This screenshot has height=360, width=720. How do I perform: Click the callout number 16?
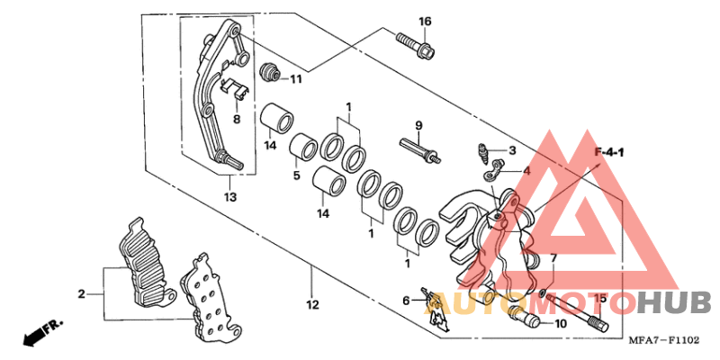click(x=425, y=22)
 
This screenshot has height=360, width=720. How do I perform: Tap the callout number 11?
click(x=295, y=79)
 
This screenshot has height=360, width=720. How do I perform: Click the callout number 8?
click(x=237, y=119)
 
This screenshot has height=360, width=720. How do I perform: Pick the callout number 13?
click(x=229, y=197)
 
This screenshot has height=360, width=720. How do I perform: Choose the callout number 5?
click(x=295, y=175)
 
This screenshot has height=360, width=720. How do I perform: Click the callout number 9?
click(x=418, y=124)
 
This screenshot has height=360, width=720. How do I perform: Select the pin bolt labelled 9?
click(x=418, y=148)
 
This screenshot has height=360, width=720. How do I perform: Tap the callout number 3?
click(x=512, y=150)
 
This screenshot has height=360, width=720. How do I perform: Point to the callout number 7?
click(x=554, y=258)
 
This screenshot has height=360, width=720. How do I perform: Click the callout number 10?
click(x=560, y=323)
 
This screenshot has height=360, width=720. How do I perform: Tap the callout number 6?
click(x=406, y=300)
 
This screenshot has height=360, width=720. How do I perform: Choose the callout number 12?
click(x=311, y=305)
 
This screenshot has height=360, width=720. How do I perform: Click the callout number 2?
click(x=81, y=294)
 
